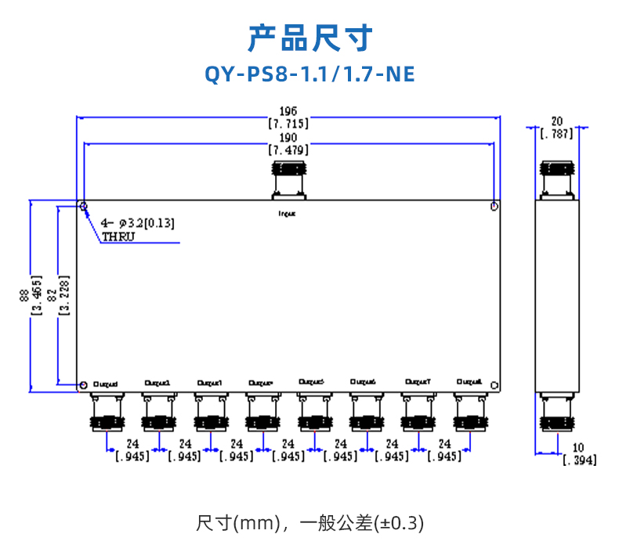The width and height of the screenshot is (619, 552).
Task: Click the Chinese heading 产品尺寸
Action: (309, 38)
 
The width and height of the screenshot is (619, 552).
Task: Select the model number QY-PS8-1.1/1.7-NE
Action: (309, 74)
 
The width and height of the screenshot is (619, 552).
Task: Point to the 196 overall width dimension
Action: (288, 110)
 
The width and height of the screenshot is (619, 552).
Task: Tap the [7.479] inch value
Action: (288, 150)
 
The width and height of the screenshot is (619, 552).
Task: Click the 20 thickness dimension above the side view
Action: (558, 121)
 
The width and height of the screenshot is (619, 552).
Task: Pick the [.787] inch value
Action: (558, 133)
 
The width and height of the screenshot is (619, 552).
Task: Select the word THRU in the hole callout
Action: (118, 236)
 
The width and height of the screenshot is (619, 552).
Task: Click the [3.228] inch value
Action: (65, 295)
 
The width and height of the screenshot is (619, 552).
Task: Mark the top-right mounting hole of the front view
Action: (494, 206)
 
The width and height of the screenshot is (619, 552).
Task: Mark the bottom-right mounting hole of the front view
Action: (494, 384)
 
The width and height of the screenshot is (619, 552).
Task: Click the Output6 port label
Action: (364, 382)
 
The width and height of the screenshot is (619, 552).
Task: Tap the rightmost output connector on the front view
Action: (469, 413)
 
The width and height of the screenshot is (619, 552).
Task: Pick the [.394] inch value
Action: (579, 460)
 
